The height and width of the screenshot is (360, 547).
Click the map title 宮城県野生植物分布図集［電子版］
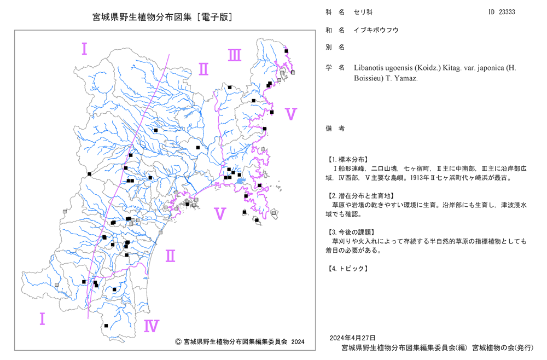tap(162, 17)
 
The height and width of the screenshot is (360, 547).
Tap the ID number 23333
tap(507, 12)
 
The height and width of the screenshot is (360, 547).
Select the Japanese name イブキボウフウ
tap(376, 30)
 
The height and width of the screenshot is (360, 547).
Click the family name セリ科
tap(363, 12)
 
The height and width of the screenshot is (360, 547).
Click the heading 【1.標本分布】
tap(347, 160)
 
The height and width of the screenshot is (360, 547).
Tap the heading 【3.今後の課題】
tap(351, 233)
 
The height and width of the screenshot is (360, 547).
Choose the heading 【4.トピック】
tap(347, 269)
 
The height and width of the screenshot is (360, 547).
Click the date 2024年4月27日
tap(352, 338)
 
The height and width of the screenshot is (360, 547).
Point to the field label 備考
tap(335, 129)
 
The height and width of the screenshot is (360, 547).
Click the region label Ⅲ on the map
tap(235, 55)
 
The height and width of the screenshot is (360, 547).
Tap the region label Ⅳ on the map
tap(152, 326)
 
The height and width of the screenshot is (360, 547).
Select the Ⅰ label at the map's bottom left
tap(42, 319)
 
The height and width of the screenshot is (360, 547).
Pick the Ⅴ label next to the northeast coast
tap(290, 114)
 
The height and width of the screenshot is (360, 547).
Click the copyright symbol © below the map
tap(178, 342)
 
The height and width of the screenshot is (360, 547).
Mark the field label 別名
tap(335, 48)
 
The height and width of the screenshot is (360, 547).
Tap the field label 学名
tap(335, 68)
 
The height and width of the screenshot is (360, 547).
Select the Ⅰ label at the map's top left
tap(84, 49)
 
